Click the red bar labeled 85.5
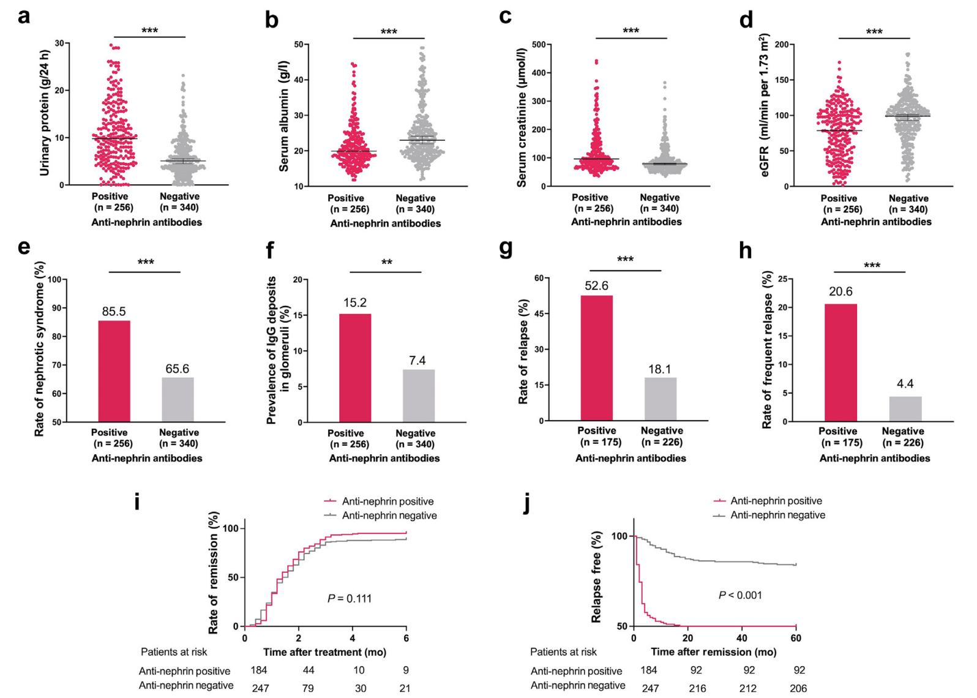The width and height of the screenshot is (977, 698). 114,371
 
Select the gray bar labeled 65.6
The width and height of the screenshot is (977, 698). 178,399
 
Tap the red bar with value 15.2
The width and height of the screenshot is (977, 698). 355,368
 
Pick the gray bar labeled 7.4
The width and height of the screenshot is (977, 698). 419,396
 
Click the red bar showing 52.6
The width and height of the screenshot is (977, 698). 597,358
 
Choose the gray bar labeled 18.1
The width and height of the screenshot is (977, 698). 661,399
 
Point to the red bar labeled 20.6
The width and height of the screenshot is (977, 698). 840,362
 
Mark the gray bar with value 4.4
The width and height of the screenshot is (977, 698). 905,409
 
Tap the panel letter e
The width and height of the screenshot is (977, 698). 24,247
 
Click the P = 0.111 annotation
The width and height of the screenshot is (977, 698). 350,598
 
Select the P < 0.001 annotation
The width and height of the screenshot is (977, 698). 740,595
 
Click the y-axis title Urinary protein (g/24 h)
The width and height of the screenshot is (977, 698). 45,114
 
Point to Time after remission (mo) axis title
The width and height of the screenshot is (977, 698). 713,652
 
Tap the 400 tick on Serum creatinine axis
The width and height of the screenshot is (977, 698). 538,73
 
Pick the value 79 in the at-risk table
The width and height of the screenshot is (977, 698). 308,688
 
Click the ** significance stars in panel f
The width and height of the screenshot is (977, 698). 387,263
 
